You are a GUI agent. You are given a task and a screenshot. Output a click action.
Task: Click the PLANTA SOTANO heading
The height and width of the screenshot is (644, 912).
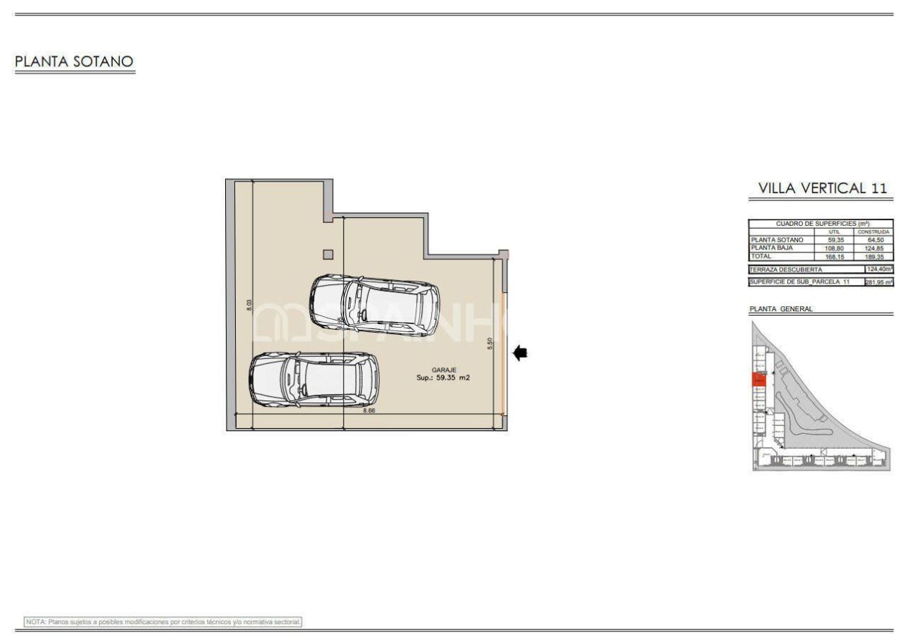74,62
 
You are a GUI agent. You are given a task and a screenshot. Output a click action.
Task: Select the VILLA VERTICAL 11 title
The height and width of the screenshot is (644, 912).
822,189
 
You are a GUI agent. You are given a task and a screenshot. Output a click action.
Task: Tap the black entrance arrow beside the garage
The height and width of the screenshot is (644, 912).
520,352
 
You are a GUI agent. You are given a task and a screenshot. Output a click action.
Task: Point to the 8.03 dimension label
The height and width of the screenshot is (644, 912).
249,304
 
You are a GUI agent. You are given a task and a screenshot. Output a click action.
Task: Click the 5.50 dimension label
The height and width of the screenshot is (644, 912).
489,343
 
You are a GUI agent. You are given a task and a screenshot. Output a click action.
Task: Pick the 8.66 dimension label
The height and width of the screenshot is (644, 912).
369,411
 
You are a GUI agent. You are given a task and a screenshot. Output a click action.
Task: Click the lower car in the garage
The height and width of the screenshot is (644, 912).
313,380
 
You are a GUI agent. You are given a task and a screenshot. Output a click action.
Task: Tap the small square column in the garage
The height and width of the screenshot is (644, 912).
328,254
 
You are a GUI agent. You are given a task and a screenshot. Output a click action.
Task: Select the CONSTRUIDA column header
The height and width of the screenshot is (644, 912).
874,232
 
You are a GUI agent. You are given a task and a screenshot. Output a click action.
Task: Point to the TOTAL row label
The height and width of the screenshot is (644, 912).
762,256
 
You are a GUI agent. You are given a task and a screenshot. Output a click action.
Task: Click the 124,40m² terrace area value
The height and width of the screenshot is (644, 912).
879,269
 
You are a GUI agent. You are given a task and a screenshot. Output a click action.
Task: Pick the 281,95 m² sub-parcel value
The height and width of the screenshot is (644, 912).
879,282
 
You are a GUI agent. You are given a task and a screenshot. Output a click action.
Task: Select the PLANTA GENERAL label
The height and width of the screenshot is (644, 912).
781,309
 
